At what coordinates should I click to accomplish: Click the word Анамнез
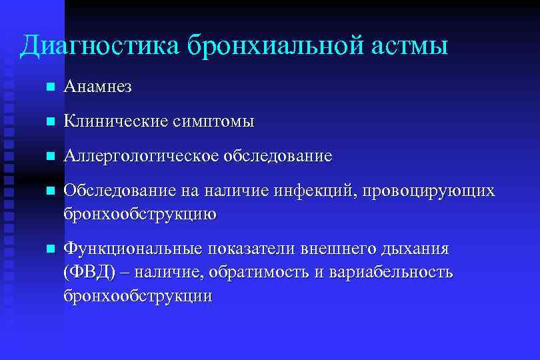pyautogui.click(x=98, y=87)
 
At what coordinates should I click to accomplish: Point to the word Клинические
pyautogui.click(x=114, y=121)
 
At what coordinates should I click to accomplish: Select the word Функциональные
pyautogui.click(x=133, y=249)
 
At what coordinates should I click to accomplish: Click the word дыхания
pyautogui.click(x=415, y=249)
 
